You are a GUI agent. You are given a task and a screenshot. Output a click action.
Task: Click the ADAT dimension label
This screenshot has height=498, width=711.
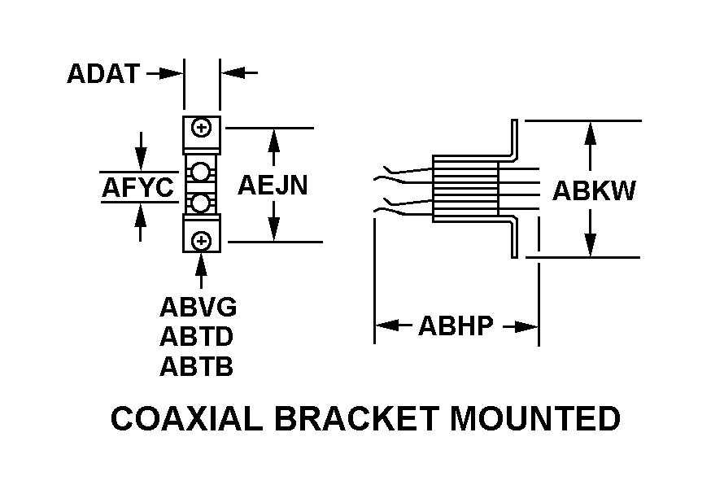(103, 74)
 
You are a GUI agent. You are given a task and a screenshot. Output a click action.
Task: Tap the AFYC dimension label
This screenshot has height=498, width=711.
(137, 188)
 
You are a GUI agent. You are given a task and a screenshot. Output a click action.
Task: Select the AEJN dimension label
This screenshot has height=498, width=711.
(273, 186)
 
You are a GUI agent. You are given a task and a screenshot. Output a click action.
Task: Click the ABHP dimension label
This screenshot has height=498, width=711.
(456, 326)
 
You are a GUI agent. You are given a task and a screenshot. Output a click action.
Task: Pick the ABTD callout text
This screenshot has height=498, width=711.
(197, 337)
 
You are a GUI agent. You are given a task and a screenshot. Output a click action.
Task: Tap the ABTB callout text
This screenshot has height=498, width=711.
(196, 367)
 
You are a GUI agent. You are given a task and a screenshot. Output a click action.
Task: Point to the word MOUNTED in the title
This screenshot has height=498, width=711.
(536, 419)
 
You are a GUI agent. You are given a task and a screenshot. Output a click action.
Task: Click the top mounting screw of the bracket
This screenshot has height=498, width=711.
(203, 128)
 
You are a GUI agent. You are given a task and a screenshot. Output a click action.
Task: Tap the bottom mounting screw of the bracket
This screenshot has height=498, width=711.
(203, 241)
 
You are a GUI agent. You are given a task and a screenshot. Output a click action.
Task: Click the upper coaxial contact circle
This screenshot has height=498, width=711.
(202, 171)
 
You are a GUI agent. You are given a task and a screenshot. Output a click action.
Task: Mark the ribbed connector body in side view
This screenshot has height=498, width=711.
(465, 189)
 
